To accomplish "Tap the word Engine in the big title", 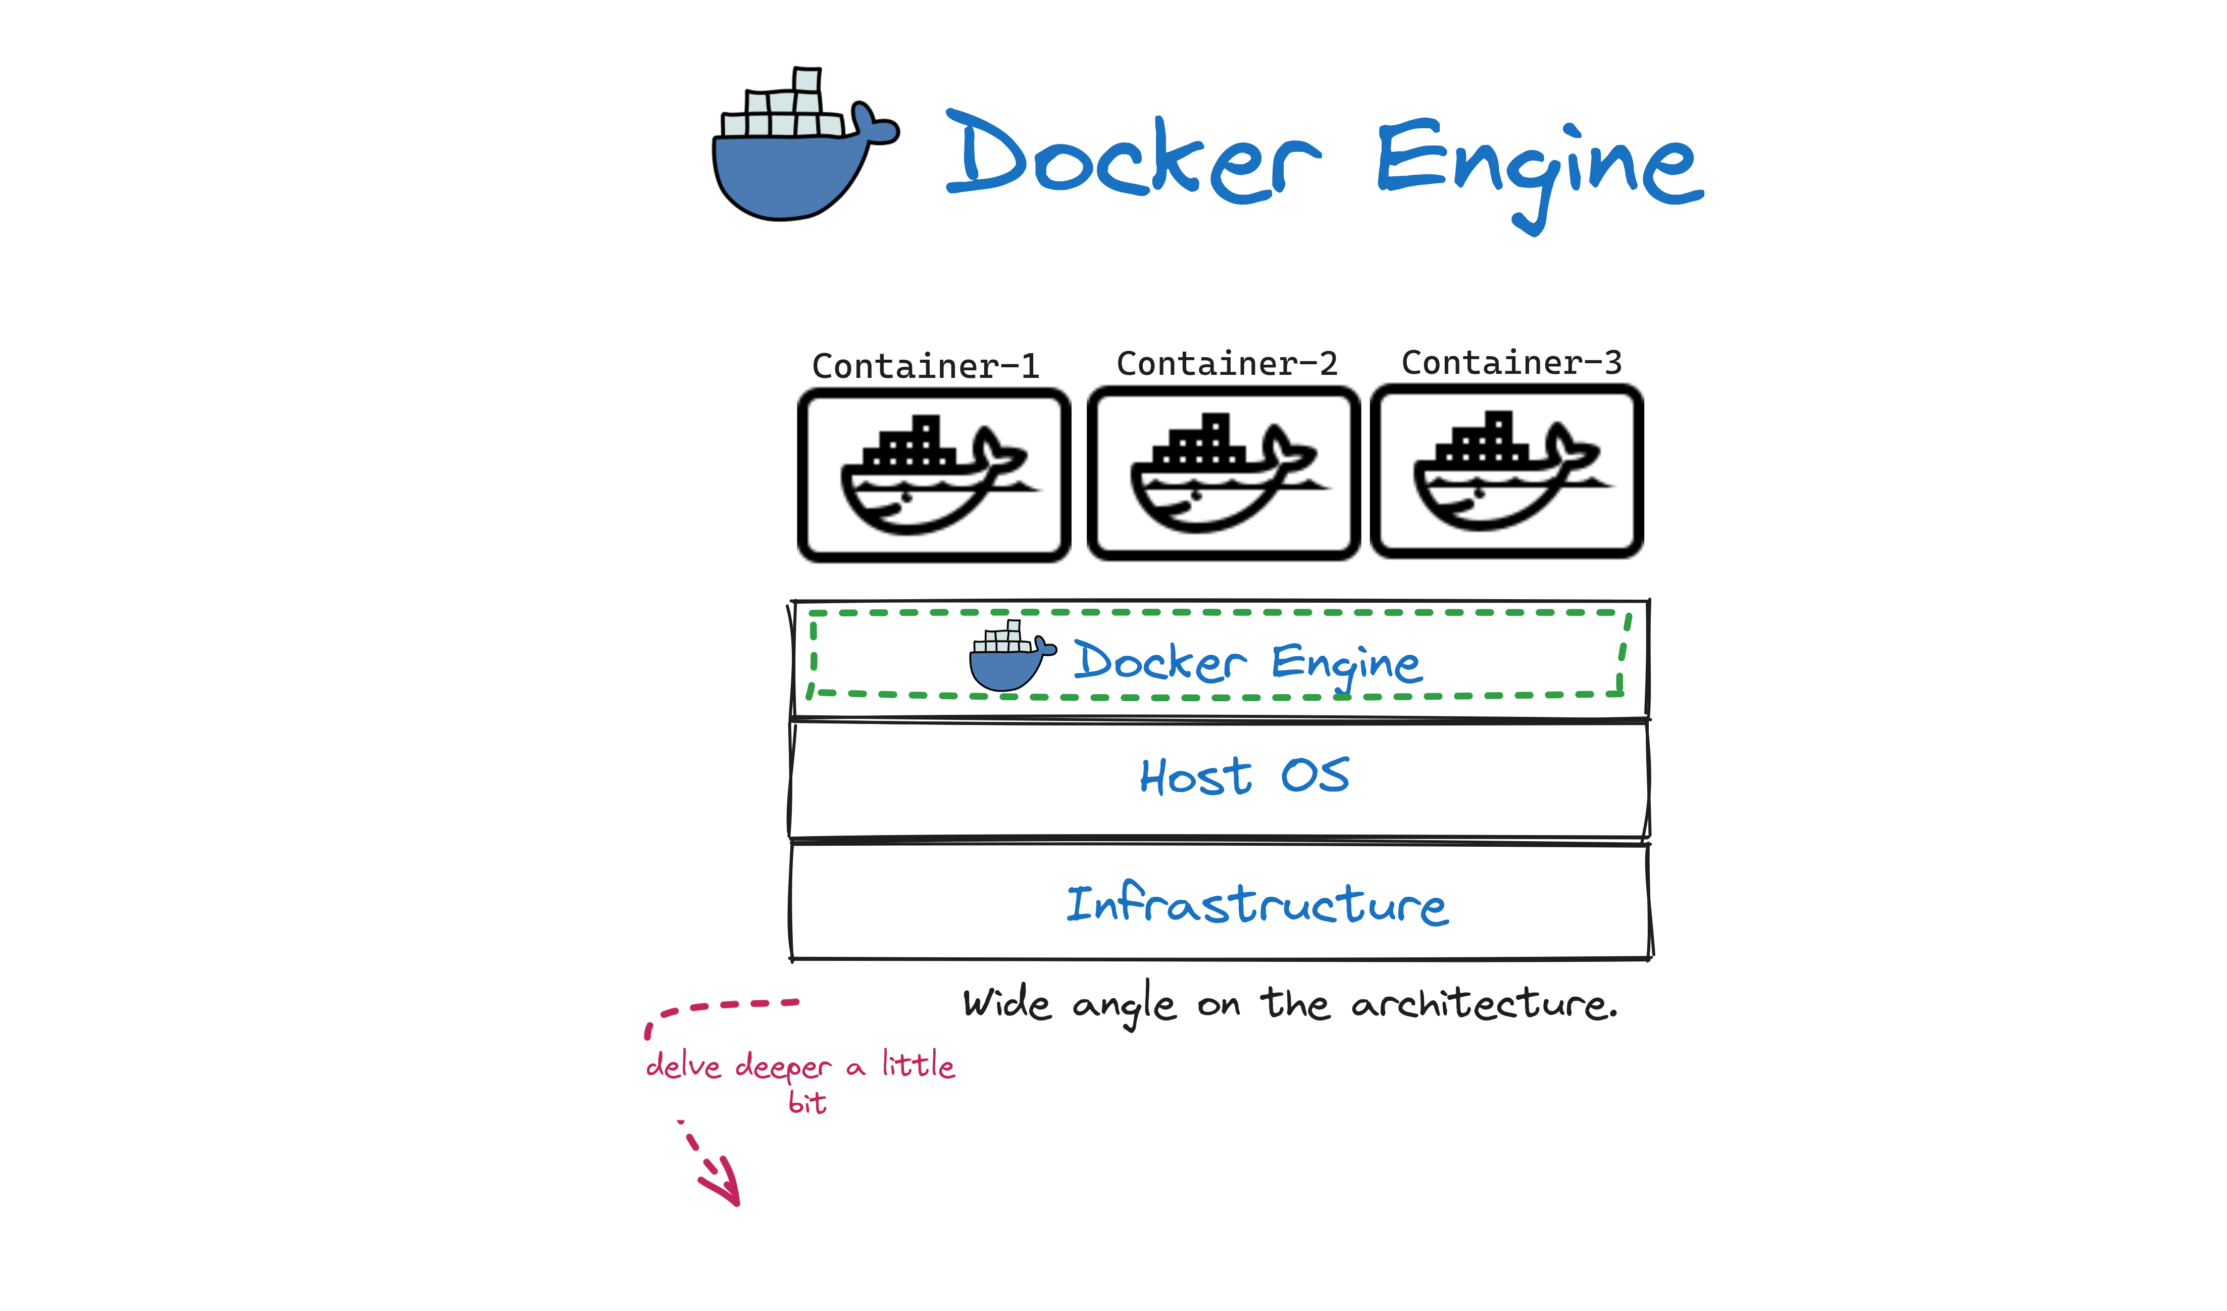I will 1538,164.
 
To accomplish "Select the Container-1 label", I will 925,366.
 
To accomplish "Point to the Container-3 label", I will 1511,362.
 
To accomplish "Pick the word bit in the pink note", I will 807,1103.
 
